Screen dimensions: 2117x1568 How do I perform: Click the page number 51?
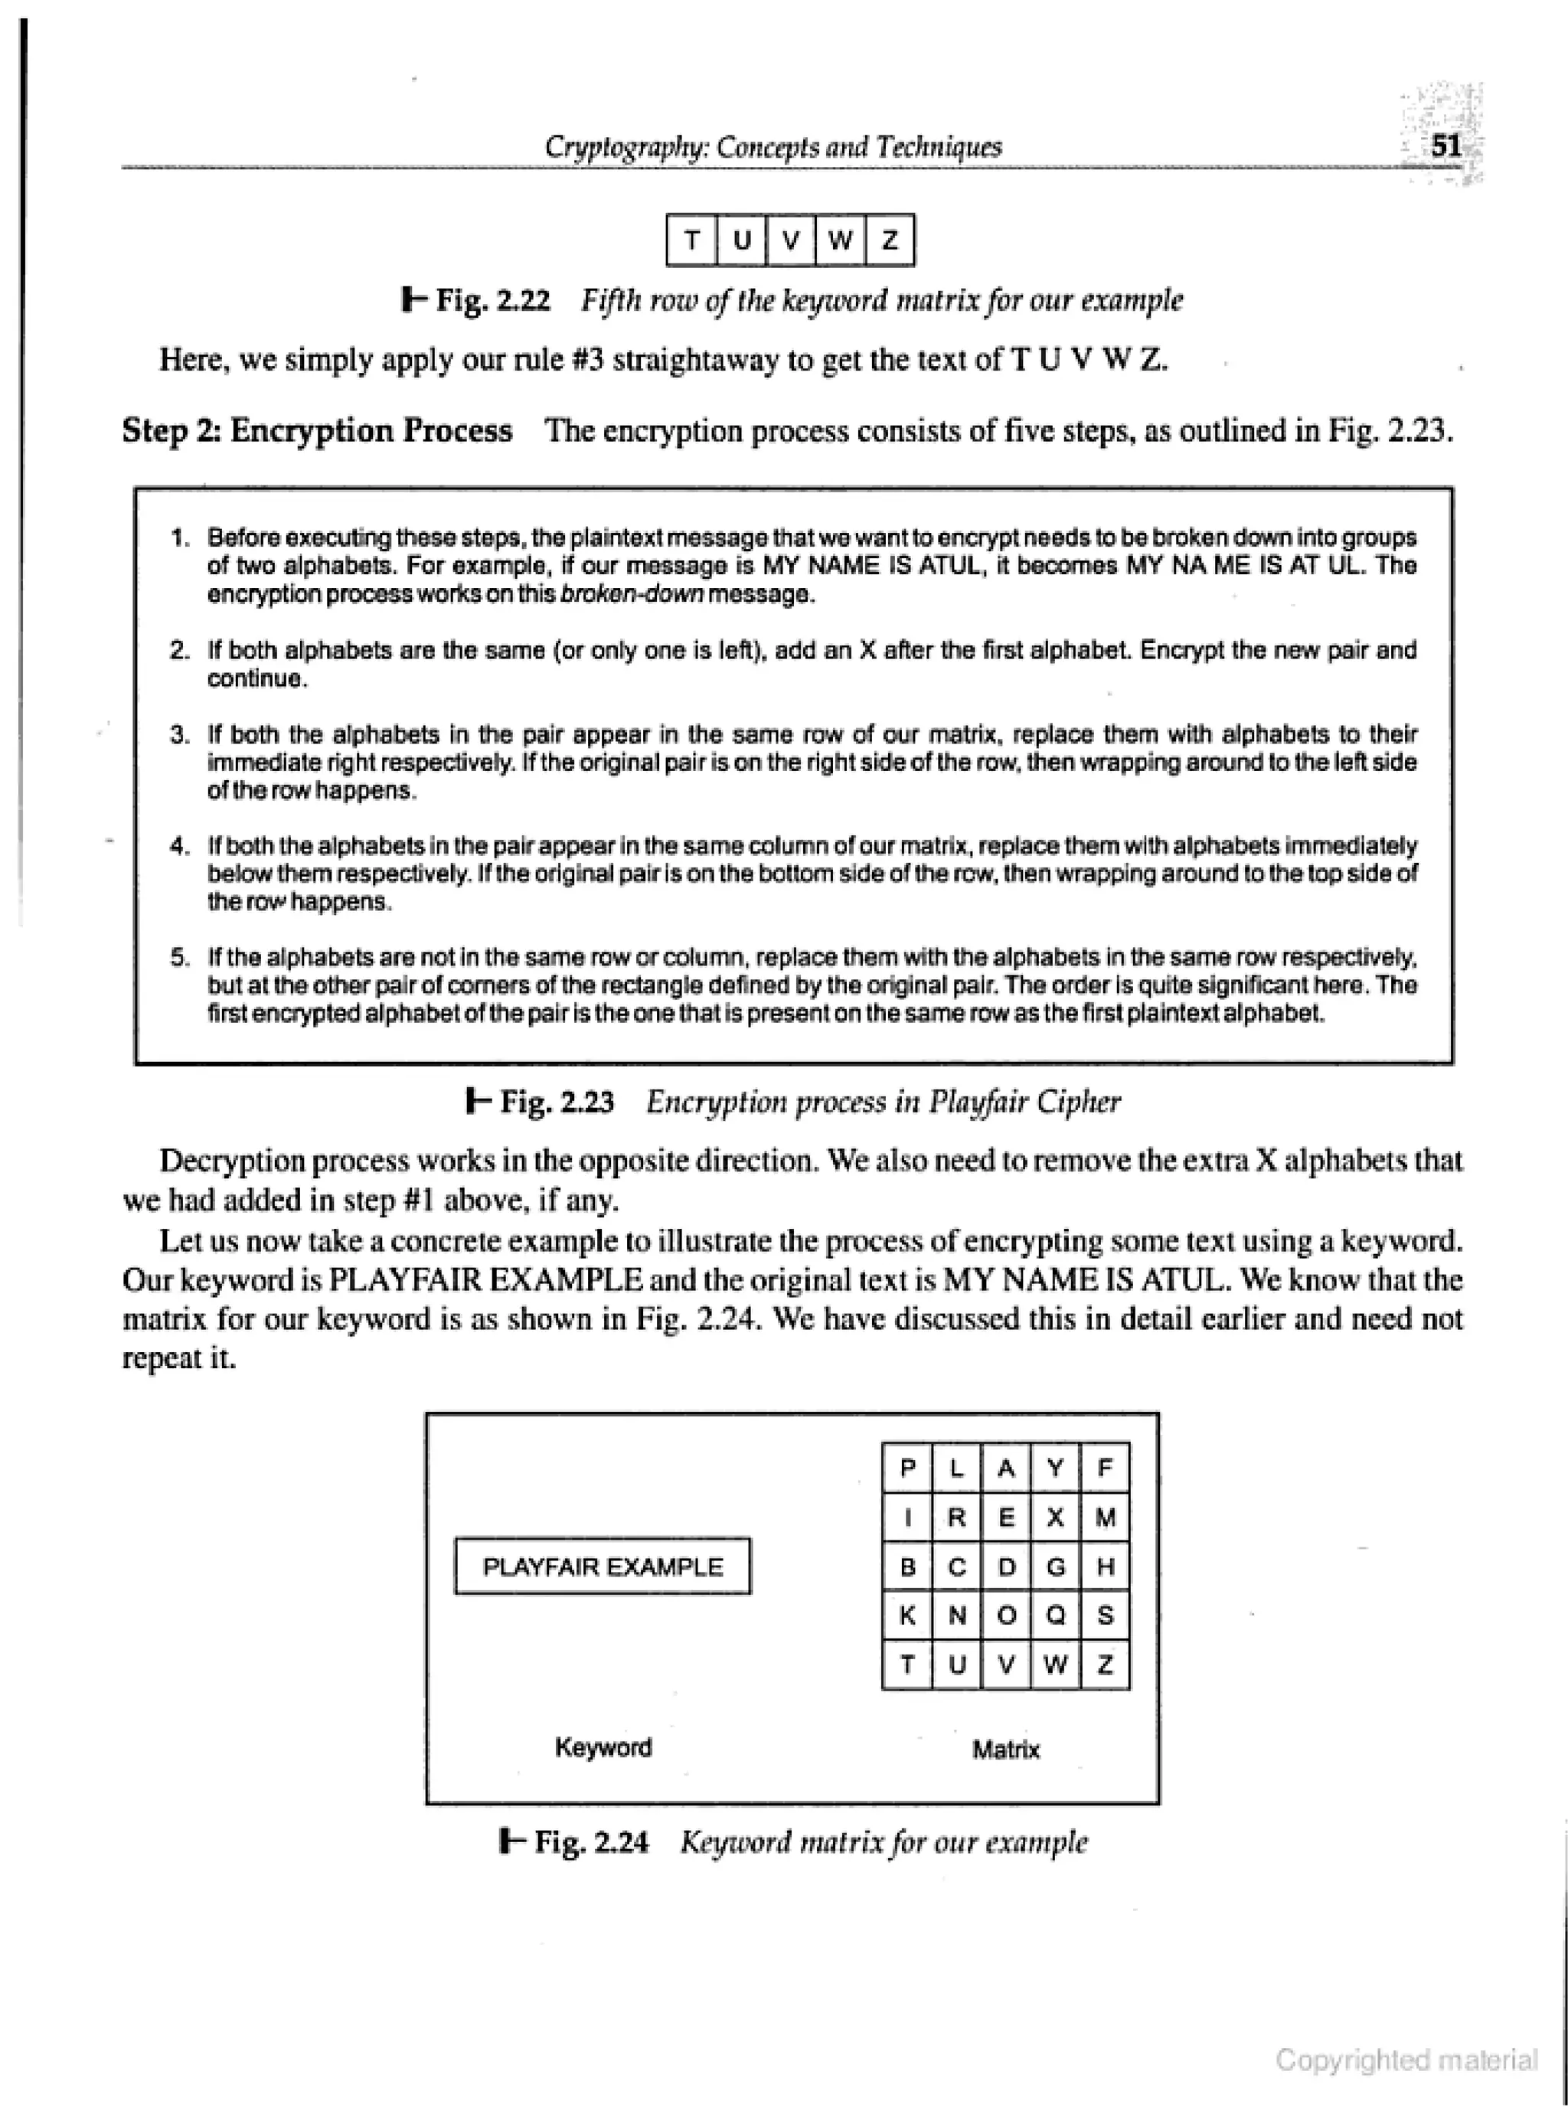[x=1445, y=146]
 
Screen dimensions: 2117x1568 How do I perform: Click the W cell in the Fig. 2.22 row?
[x=839, y=240]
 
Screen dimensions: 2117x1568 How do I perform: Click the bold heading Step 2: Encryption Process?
[x=317, y=431]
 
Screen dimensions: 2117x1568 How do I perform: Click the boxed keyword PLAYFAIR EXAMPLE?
[x=603, y=1567]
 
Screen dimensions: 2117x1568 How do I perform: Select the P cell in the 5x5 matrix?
[x=907, y=1468]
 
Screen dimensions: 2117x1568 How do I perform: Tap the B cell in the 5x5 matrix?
[x=907, y=1567]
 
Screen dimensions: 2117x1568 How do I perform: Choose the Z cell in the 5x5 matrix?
[x=1105, y=1665]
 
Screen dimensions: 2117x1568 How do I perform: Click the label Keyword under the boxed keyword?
[x=603, y=1747]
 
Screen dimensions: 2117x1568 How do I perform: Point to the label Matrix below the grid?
[x=1005, y=1749]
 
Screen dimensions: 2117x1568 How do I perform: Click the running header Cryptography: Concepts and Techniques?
[x=773, y=147]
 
